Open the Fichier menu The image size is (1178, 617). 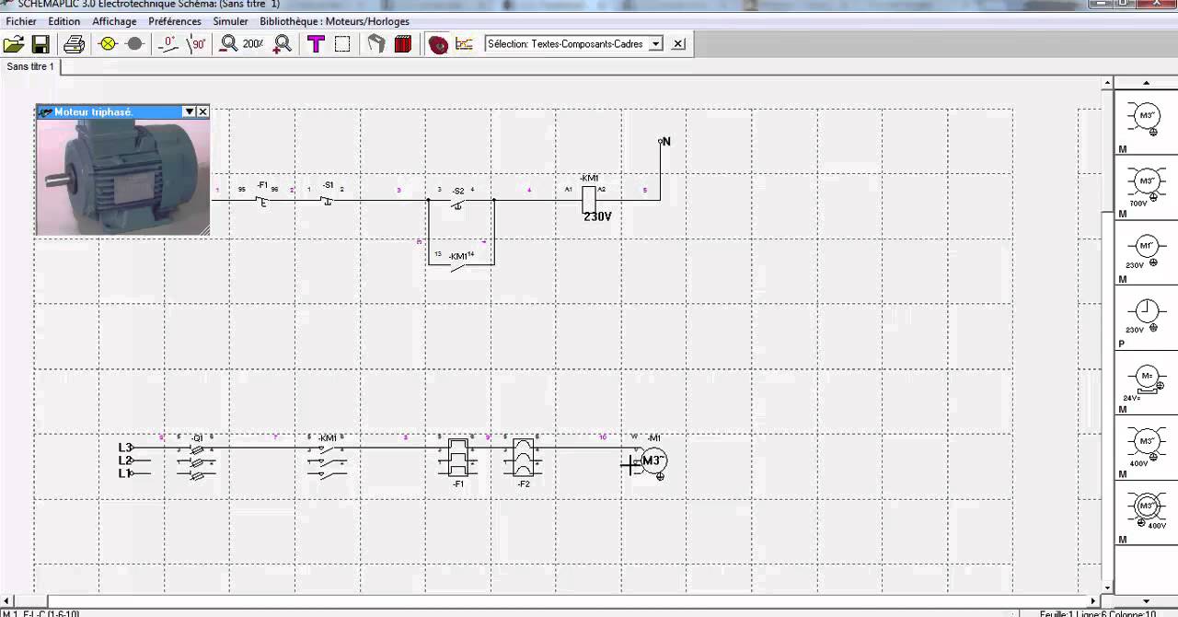21,21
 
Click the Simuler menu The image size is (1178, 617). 230,21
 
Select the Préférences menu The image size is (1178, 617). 175,21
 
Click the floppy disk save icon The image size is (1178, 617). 40,44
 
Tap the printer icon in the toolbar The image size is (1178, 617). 75,44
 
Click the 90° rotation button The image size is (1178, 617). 197,44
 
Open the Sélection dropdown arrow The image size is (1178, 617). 655,44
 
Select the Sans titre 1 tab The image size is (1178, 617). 30,66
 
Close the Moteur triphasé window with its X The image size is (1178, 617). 203,111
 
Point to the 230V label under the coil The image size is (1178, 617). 597,216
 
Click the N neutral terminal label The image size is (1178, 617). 666,142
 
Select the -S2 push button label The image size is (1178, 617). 457,192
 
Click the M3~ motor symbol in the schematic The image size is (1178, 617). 653,461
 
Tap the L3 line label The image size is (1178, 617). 125,448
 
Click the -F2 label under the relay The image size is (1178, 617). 524,483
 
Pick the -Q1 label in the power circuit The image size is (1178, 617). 196,437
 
